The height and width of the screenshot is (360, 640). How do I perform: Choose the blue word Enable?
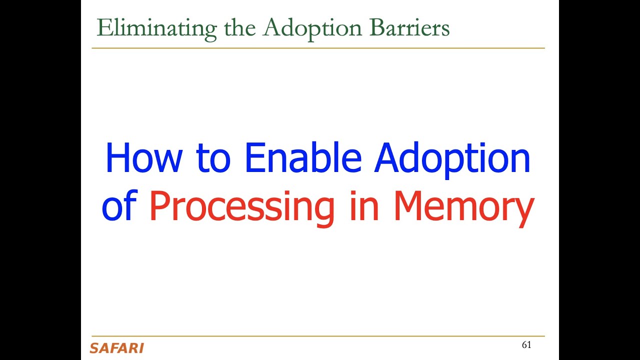tap(302, 158)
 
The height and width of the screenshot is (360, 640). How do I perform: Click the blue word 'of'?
tap(119, 207)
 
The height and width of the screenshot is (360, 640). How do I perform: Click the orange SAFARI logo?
tap(116, 348)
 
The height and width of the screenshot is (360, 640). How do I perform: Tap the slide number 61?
tap(526, 345)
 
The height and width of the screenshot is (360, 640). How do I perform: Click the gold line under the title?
tap(318, 48)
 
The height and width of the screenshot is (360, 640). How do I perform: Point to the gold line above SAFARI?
tap(318, 336)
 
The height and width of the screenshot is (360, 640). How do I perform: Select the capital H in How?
tap(117, 158)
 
